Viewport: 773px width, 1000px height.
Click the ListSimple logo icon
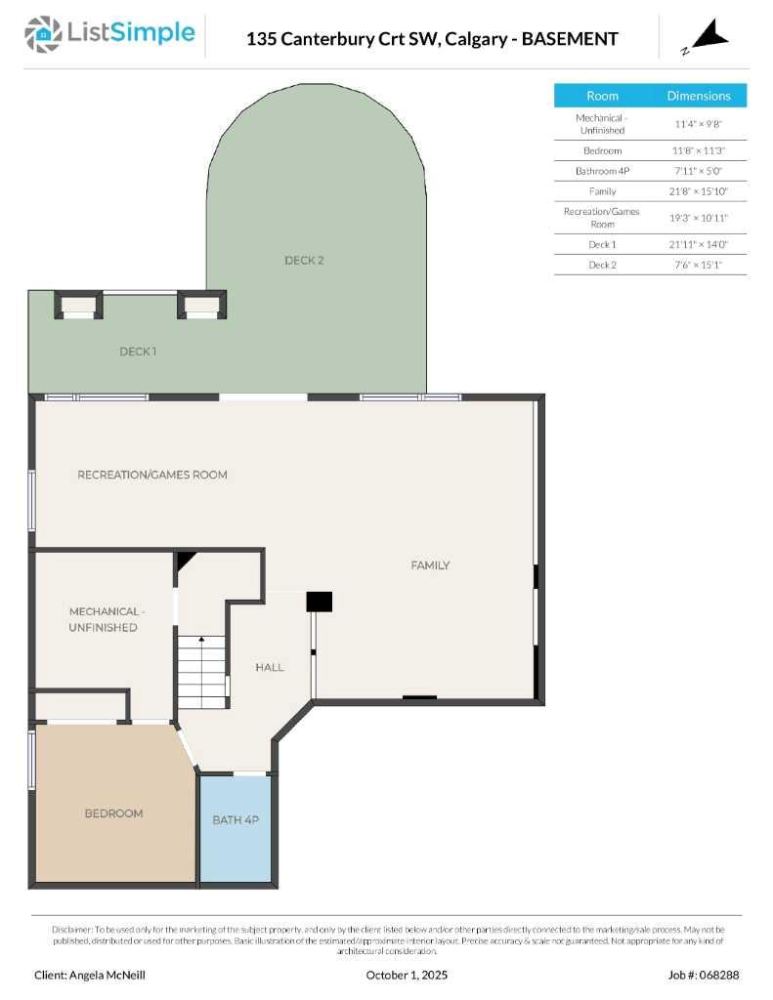tap(43, 34)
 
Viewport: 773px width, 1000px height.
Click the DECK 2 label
tap(304, 261)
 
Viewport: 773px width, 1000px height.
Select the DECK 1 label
tap(138, 352)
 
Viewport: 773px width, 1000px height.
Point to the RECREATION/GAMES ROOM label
tap(152, 475)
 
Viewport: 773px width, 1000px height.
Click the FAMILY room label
tap(430, 565)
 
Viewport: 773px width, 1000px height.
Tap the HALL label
tap(270, 668)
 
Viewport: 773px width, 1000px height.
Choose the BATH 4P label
tap(236, 820)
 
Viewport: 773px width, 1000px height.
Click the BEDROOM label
tap(113, 813)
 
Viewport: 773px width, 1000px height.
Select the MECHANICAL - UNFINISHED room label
tap(104, 619)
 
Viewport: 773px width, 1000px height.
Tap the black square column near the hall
tap(320, 602)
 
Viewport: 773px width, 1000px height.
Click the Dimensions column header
tap(699, 96)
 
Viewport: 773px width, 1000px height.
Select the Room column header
tap(602, 96)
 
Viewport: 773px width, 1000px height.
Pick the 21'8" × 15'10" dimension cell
tap(699, 191)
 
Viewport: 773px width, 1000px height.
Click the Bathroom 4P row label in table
tap(602, 171)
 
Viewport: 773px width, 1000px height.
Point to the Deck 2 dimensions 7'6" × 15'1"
tap(699, 265)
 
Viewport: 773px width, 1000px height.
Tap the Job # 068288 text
tap(704, 975)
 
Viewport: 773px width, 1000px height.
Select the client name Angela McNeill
tap(90, 975)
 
